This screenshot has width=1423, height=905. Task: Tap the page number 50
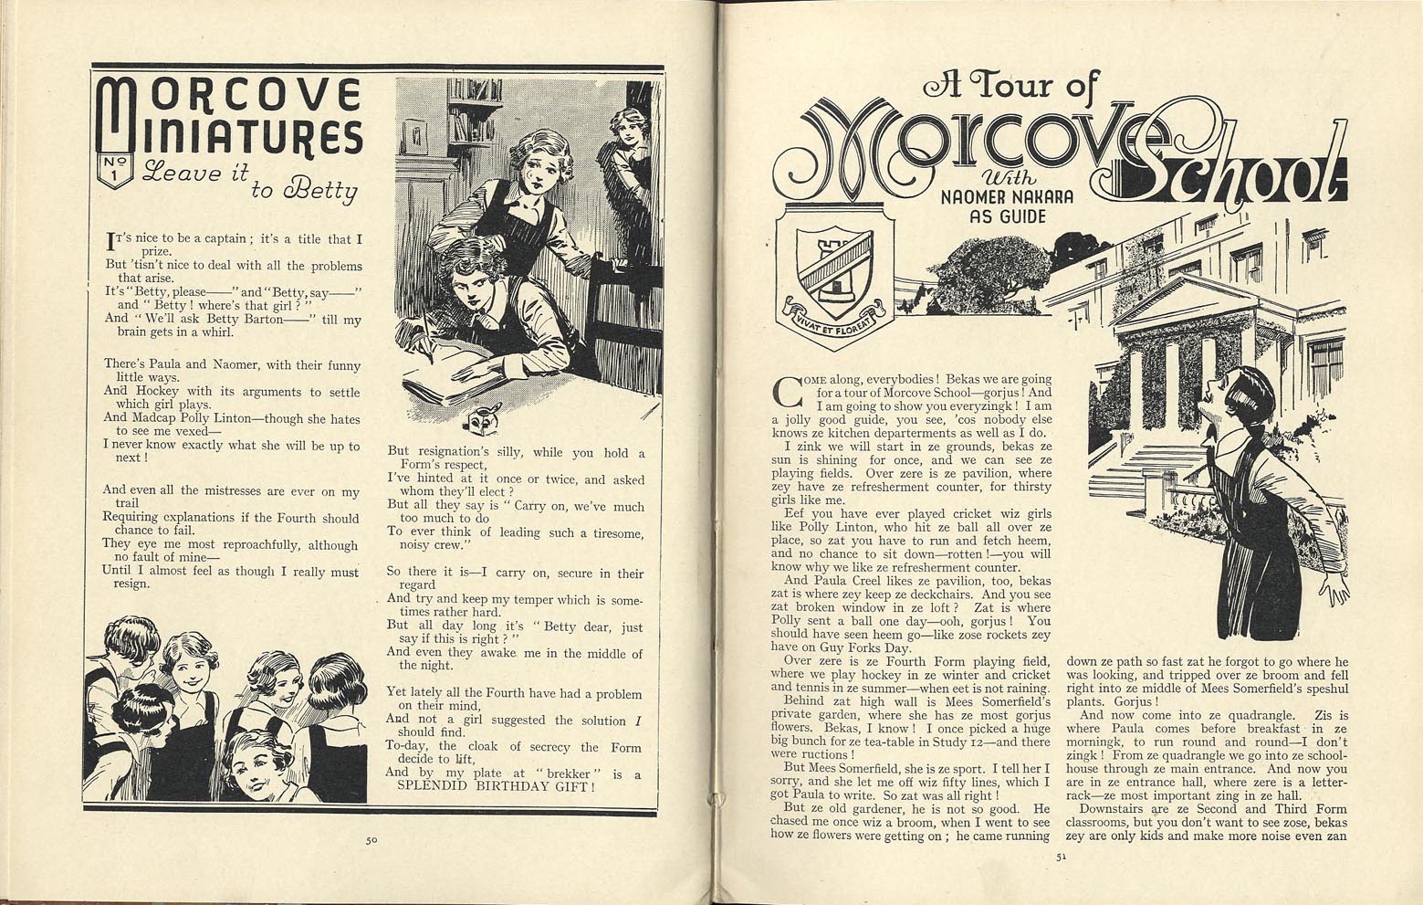tap(371, 841)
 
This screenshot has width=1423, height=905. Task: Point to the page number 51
tap(1060, 857)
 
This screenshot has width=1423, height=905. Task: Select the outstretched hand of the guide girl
tap(1335, 594)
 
